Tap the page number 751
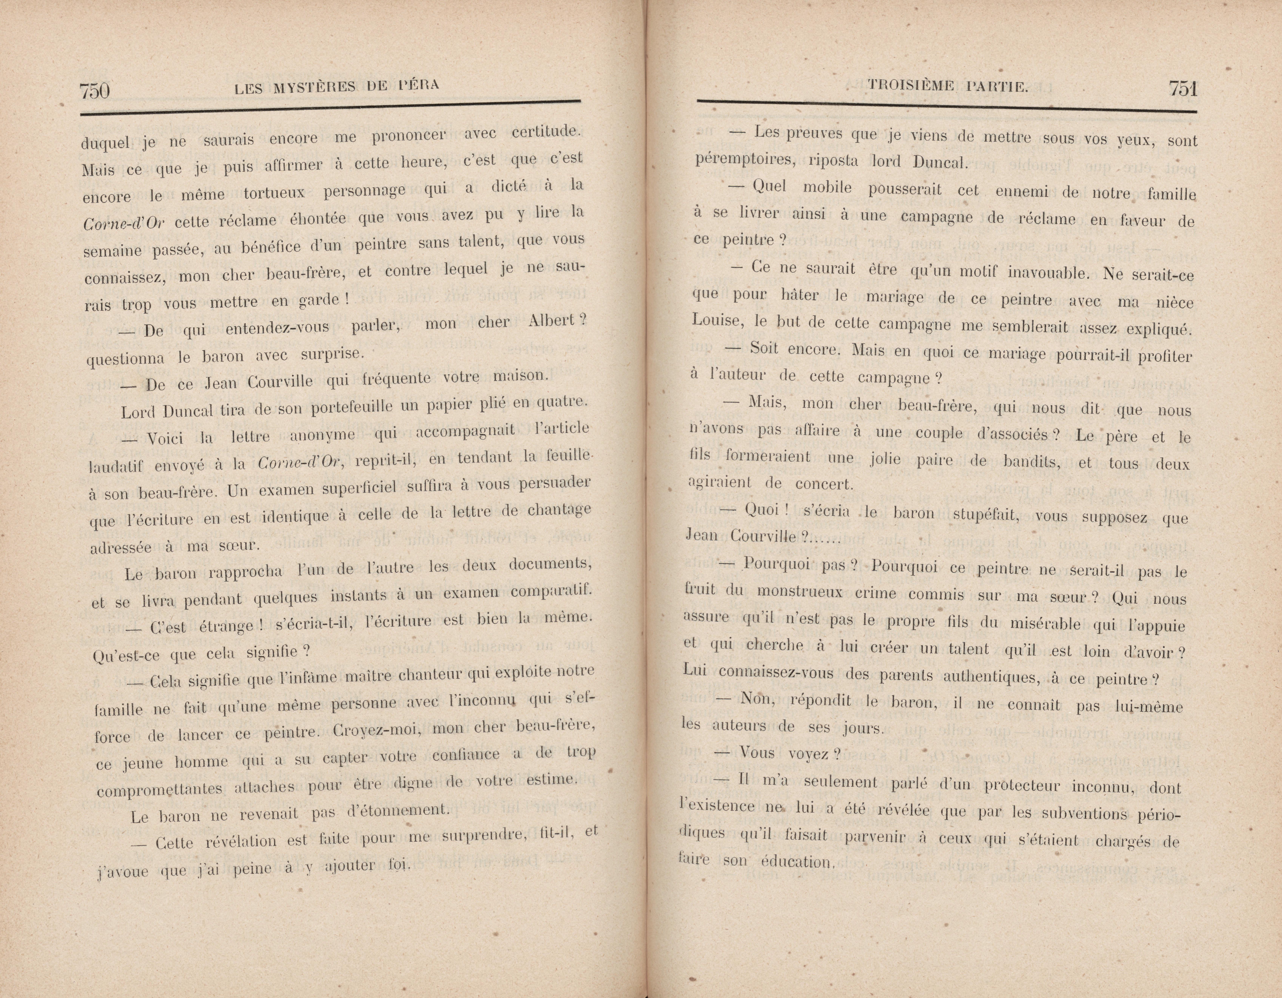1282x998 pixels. [x=1182, y=89]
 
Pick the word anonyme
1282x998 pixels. [x=323, y=435]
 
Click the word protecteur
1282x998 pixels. [x=1023, y=786]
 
